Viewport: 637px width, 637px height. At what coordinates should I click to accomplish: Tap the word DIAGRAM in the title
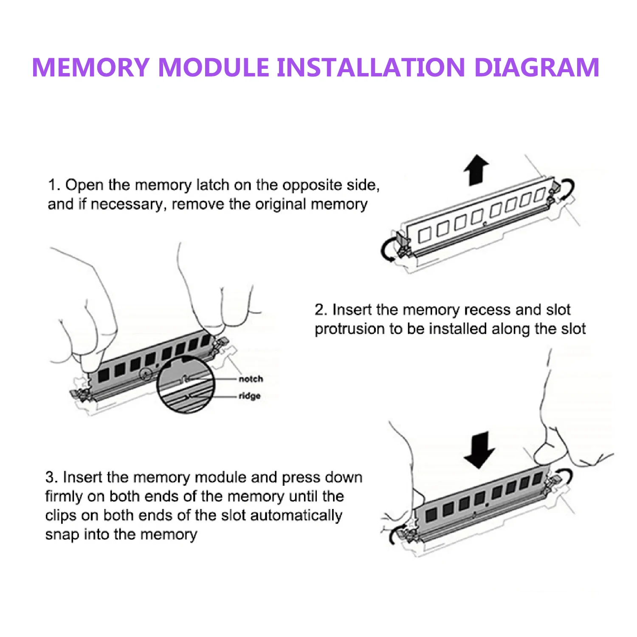point(536,68)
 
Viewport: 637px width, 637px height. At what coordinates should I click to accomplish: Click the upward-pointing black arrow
point(476,169)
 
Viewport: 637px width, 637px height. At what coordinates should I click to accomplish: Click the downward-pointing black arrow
point(479,449)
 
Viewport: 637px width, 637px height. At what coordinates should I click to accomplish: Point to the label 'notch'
point(251,379)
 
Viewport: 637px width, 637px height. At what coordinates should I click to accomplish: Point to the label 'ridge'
point(250,396)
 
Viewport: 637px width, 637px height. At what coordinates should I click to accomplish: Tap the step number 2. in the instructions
point(321,310)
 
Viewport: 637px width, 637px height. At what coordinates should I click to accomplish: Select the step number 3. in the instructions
point(51,477)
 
